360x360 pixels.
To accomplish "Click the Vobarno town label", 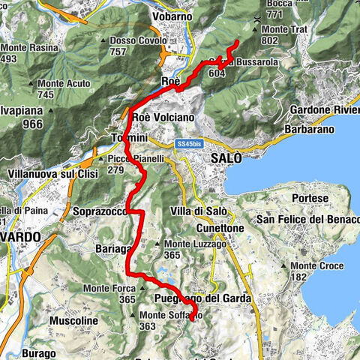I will pyautogui.click(x=173, y=16).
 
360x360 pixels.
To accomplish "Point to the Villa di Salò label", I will pyautogui.click(x=197, y=210).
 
